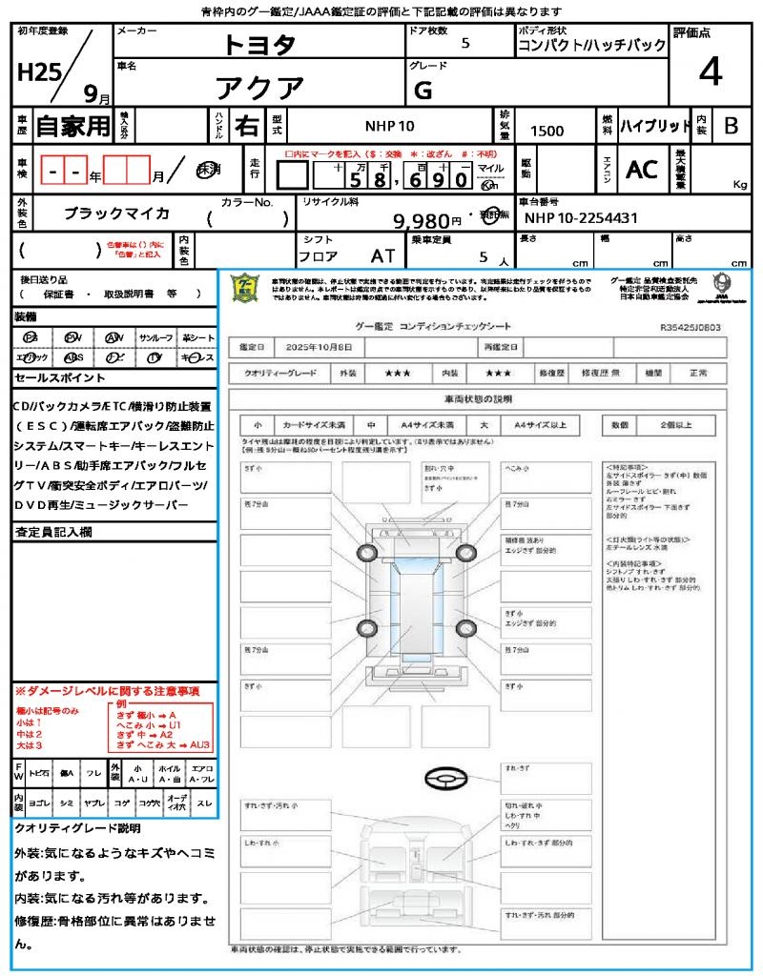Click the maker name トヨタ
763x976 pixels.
point(259,44)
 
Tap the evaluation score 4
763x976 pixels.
point(710,72)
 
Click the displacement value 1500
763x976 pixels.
point(546,131)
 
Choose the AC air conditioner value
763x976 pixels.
point(641,170)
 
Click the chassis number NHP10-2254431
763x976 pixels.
point(581,218)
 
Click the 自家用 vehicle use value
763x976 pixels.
point(73,126)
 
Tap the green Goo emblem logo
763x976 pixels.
point(246,288)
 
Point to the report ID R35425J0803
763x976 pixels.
point(690,326)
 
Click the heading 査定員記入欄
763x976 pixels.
point(52,532)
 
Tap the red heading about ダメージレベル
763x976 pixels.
point(107,689)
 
